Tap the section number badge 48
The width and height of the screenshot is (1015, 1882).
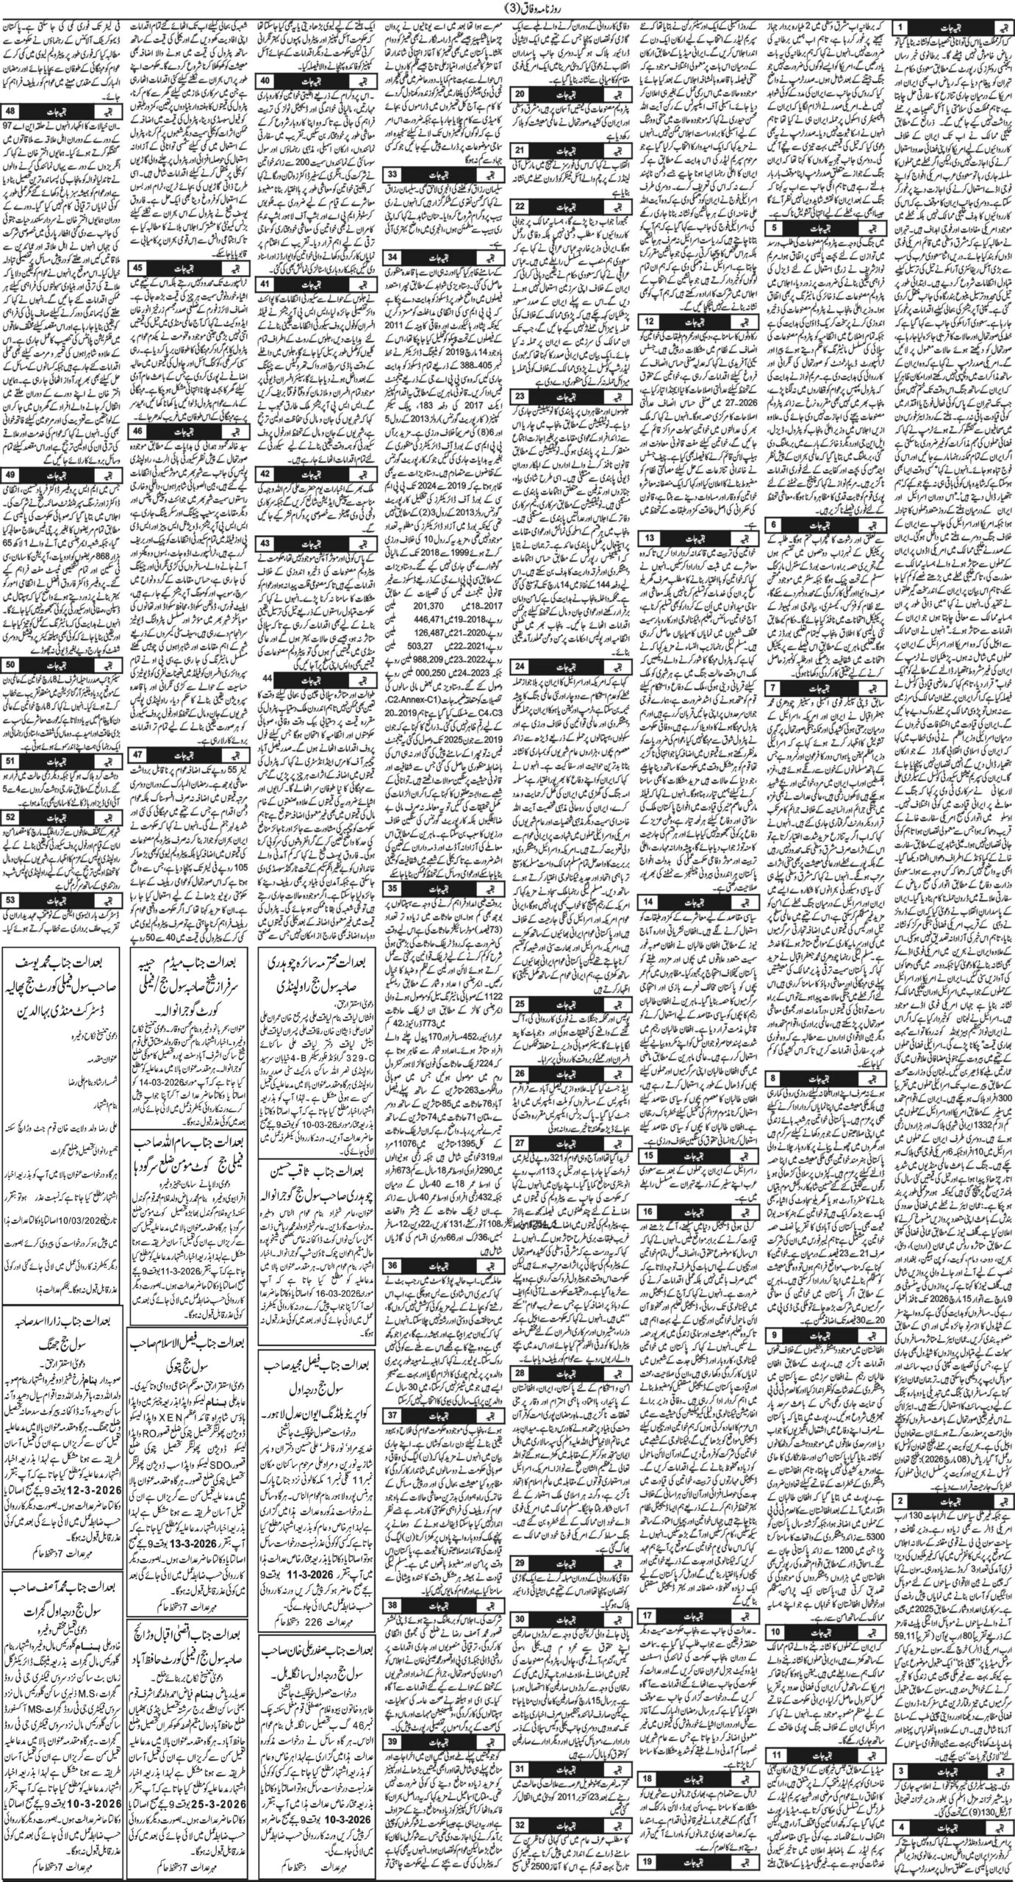pos(12,111)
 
